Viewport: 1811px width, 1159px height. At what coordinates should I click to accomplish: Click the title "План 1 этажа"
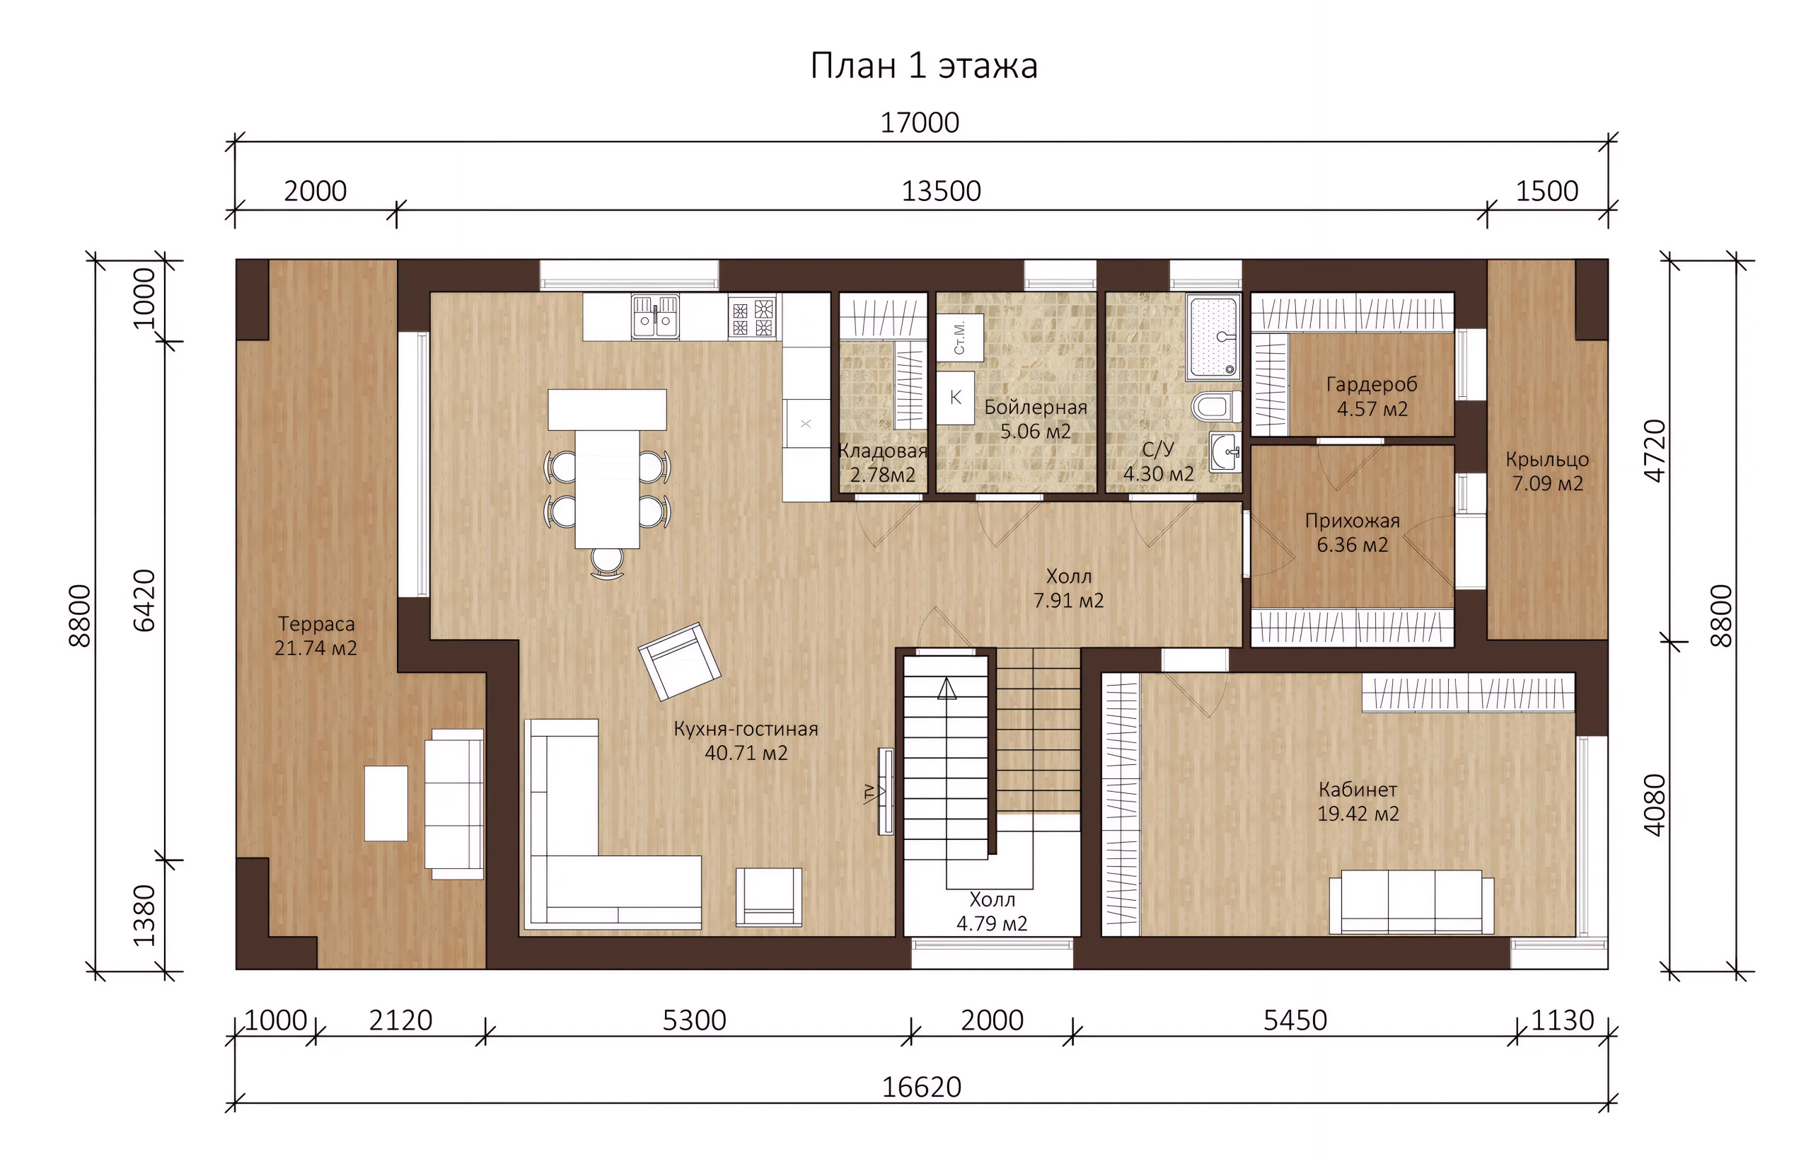[x=923, y=67]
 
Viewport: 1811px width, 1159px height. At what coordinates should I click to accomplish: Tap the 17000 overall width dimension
[x=920, y=122]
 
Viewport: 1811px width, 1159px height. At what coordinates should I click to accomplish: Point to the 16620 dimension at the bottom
[x=921, y=1087]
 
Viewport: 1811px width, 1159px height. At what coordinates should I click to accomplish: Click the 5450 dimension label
[x=1294, y=1020]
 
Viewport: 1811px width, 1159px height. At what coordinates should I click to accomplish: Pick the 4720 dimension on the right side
[x=1655, y=450]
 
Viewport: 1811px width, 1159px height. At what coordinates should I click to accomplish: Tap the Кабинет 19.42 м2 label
[x=1358, y=801]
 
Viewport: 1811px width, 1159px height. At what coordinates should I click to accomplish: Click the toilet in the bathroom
[x=1216, y=406]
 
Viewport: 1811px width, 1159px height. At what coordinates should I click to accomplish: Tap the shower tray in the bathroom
[x=1213, y=336]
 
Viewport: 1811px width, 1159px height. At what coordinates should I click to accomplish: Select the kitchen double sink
[x=654, y=317]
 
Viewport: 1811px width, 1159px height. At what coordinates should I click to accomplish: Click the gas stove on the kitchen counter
[x=753, y=317]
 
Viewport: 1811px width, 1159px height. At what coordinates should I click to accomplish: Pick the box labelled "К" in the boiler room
[x=956, y=398]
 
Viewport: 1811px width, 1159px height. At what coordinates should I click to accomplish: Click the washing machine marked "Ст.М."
[x=959, y=338]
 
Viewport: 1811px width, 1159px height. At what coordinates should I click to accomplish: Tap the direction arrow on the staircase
[x=947, y=688]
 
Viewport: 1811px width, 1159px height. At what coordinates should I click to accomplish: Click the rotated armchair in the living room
[x=679, y=661]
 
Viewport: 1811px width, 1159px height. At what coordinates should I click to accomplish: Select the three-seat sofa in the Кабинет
[x=1411, y=902]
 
